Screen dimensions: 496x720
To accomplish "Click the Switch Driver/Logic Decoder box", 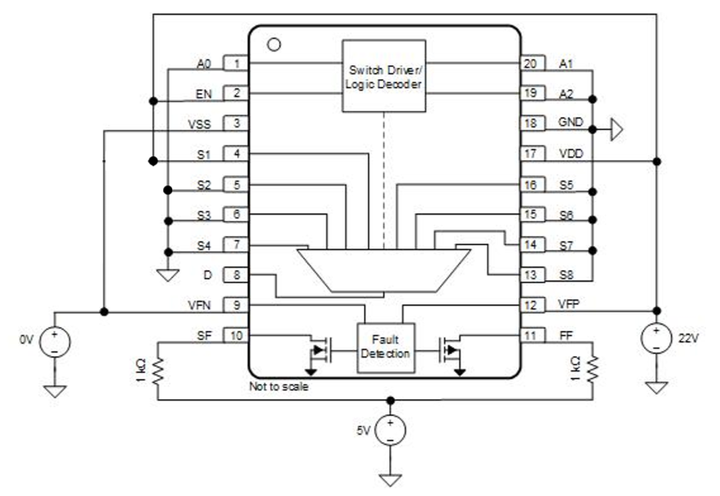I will (384, 76).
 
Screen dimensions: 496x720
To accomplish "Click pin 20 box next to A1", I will (531, 64).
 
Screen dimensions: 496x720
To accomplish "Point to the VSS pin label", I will (200, 124).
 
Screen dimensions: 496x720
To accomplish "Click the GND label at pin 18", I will (570, 123).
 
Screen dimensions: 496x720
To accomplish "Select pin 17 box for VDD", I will (531, 154).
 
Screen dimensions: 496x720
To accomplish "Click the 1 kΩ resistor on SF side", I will (158, 371).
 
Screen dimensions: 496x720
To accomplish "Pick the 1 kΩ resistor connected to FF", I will (592, 371).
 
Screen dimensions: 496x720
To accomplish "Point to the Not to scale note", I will (278, 387).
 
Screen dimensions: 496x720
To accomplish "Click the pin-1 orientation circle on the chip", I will (272, 44).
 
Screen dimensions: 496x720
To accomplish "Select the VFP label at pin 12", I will (571, 305).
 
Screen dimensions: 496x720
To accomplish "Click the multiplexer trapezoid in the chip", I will (383, 269).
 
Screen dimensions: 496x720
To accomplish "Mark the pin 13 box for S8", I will (531, 275).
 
